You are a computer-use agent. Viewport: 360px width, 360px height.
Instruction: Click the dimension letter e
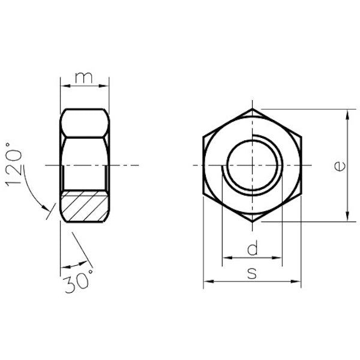(339, 166)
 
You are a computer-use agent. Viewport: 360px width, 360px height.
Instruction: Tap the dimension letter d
(253, 248)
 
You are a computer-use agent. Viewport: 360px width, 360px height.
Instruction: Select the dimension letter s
(252, 273)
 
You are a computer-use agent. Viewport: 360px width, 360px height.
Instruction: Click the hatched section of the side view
(85, 206)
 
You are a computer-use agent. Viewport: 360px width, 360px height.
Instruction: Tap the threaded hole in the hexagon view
(253, 165)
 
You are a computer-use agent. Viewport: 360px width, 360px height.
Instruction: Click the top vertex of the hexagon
(253, 109)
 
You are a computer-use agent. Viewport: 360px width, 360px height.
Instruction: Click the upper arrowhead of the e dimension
(347, 113)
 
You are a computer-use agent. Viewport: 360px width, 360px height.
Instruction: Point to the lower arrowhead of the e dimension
(347, 217)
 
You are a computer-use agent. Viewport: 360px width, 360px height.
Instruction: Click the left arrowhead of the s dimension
(207, 280)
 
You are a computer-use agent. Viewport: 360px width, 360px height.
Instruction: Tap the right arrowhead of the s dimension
(298, 280)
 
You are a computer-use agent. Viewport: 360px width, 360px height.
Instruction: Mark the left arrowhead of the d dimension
(226, 259)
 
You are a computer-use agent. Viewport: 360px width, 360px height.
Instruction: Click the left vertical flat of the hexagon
(203, 165)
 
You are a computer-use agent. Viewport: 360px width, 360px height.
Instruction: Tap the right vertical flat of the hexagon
(301, 165)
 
